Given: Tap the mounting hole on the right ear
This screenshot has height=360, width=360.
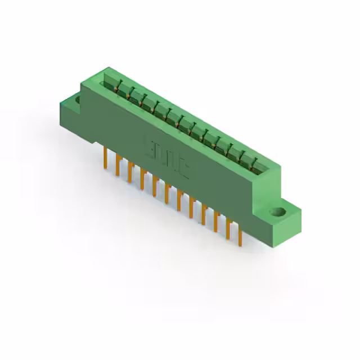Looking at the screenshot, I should click(x=276, y=213).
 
